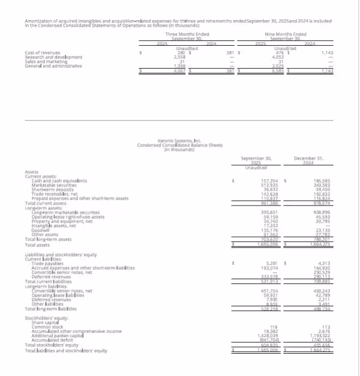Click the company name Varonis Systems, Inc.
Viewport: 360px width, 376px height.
[179, 141]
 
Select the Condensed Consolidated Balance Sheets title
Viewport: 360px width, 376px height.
[179, 145]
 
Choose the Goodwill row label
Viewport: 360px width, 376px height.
[41, 231]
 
